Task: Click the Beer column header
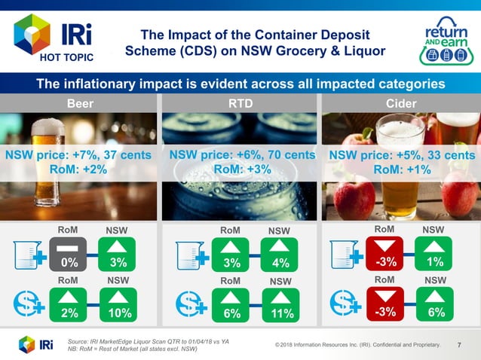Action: pos(81,102)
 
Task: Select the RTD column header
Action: pos(240,102)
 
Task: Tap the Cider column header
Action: pos(400,102)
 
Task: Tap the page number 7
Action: pos(460,344)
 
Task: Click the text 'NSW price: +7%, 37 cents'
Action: pos(78,154)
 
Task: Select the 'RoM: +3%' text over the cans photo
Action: pos(240,169)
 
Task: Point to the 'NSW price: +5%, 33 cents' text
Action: pos(401,155)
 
